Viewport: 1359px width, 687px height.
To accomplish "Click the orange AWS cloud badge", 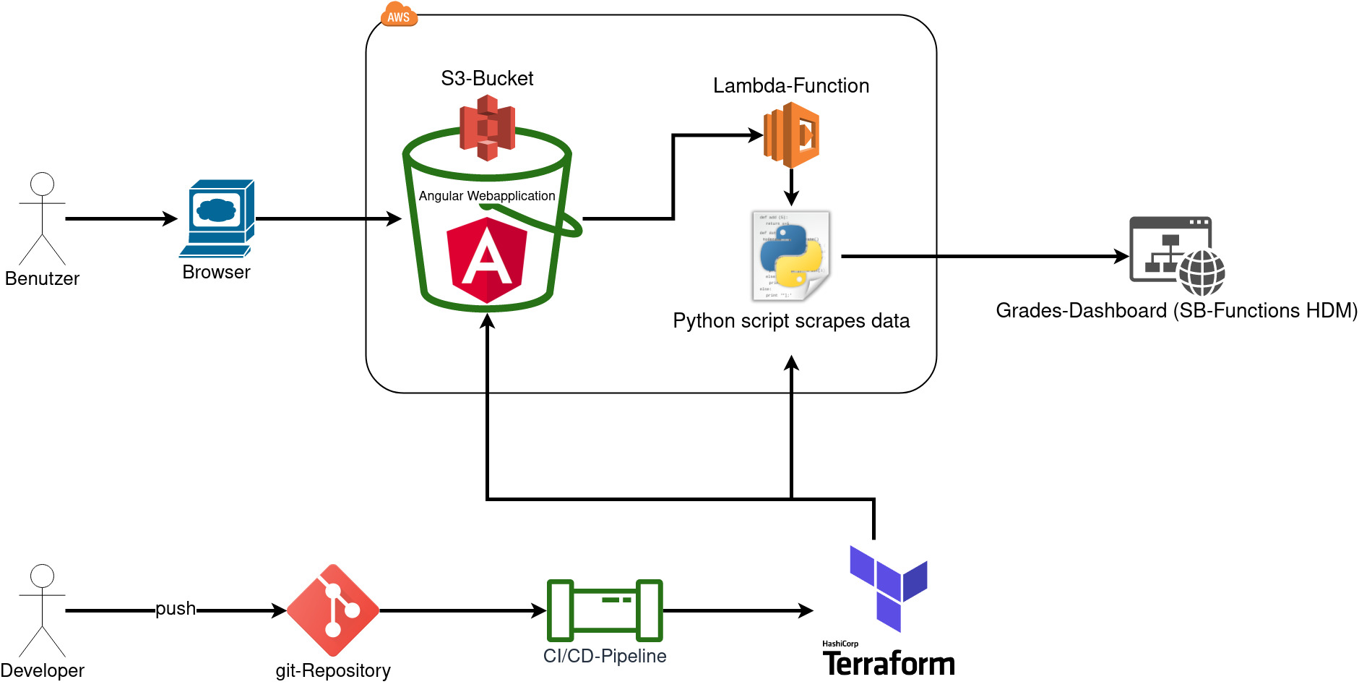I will click(399, 15).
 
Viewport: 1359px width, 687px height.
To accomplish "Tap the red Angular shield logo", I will click(487, 260).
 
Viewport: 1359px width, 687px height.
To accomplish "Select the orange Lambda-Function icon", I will click(792, 135).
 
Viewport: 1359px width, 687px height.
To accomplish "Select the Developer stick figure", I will click(42, 610).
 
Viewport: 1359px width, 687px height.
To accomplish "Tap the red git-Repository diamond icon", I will click(333, 610).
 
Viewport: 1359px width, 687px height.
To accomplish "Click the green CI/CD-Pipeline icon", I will click(605, 610).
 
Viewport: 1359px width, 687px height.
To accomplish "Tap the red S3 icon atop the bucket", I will click(487, 128).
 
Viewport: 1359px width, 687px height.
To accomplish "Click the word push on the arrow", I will click(176, 609).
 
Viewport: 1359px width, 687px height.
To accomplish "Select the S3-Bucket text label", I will click(487, 78).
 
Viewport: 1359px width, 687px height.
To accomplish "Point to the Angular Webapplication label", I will click(487, 196).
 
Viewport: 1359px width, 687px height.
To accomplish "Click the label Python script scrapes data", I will click(791, 320).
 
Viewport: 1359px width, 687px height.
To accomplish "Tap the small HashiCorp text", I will click(840, 644).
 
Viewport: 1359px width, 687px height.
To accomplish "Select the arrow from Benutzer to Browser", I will click(121, 218).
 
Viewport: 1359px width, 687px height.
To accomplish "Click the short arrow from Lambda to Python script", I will click(792, 187).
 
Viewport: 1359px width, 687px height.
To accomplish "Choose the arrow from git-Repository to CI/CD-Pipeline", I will click(462, 610).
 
